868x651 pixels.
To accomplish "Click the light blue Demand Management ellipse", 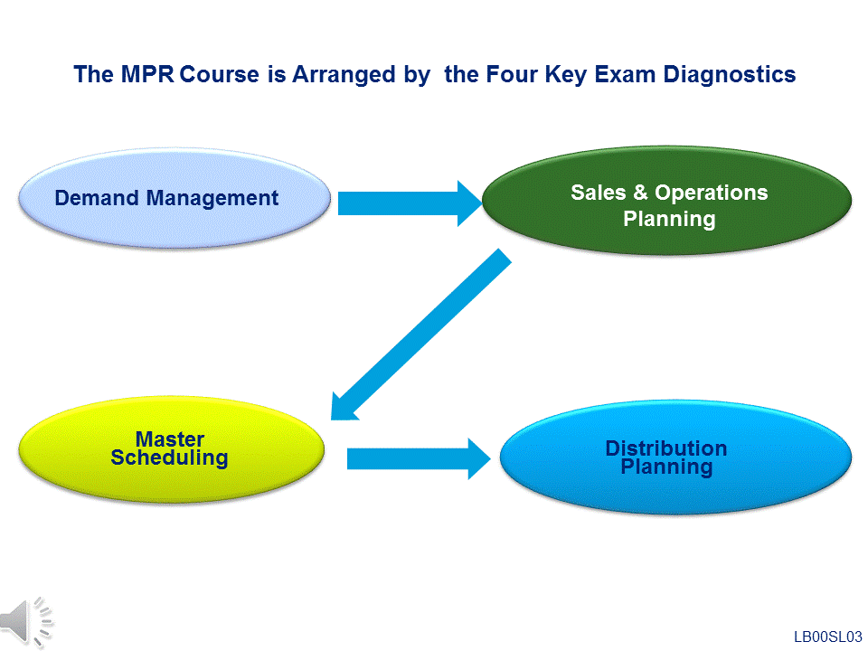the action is click(x=175, y=198).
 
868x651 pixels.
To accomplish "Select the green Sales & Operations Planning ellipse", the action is click(x=667, y=201).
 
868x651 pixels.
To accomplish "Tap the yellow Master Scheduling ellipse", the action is click(x=172, y=449).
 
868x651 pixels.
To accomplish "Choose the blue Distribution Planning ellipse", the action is click(x=675, y=458).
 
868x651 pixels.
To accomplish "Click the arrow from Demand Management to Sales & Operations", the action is click(x=410, y=203).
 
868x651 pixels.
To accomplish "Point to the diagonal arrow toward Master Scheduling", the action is click(x=420, y=335).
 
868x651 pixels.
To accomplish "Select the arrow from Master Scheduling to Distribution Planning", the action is click(x=419, y=459).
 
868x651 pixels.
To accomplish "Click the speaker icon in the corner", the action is click(x=26, y=623).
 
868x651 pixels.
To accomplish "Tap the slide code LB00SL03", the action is click(x=827, y=637).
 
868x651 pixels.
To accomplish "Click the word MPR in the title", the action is click(x=147, y=74).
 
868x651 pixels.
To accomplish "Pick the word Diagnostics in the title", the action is click(x=730, y=74).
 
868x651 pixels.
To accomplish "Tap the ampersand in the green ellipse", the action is click(x=640, y=193).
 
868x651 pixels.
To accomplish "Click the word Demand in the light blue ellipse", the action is click(x=97, y=198).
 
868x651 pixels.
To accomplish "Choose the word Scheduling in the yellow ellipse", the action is click(x=169, y=458).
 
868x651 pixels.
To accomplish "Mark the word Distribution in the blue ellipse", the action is click(x=666, y=448).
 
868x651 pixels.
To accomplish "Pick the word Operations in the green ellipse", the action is click(x=712, y=193).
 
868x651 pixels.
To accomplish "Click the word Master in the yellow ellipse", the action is click(x=170, y=439).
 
